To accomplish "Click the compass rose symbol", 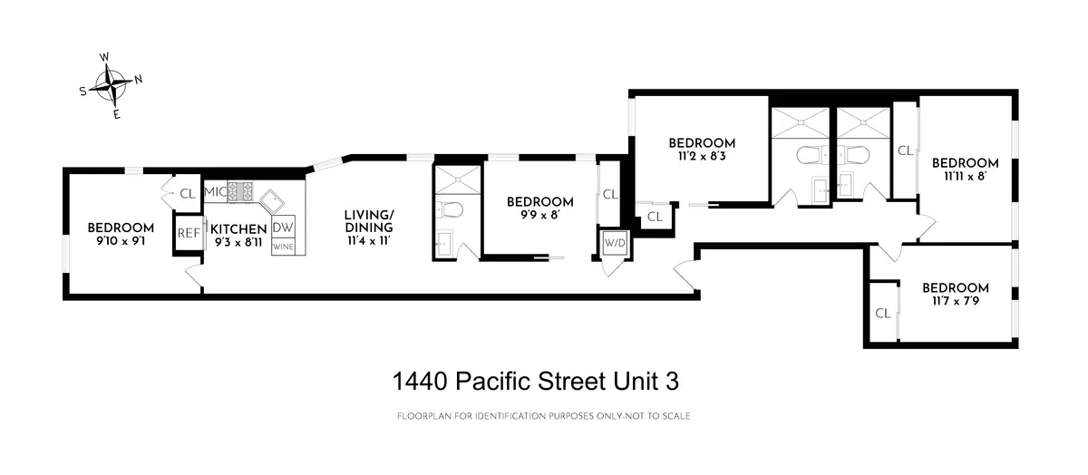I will click(x=111, y=86).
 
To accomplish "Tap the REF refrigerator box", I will click(x=188, y=233).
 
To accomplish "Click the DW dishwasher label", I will click(x=283, y=228).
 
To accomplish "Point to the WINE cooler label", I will click(x=283, y=246).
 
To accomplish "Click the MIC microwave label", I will click(x=214, y=192).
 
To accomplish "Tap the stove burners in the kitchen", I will click(x=240, y=192).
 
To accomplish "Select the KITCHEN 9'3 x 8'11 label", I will click(x=238, y=236).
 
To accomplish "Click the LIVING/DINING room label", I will click(x=369, y=227).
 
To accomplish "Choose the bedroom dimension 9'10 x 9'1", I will click(x=121, y=243).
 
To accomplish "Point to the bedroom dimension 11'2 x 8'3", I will click(x=701, y=157).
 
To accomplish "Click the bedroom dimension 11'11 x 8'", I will click(x=965, y=178).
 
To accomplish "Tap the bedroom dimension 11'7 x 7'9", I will click(x=955, y=303).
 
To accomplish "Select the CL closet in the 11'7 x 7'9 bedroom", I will click(x=882, y=314).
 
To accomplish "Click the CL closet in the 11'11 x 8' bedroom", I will click(x=905, y=150).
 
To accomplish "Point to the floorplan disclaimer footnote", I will click(x=544, y=416).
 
